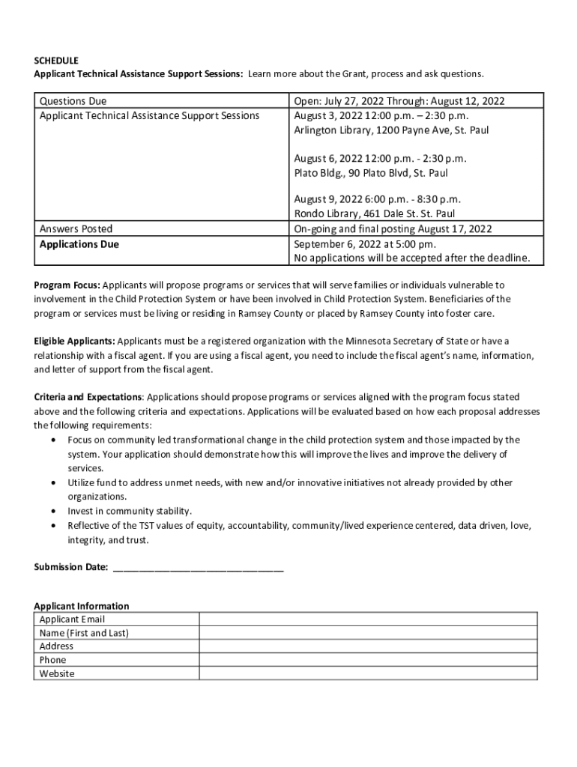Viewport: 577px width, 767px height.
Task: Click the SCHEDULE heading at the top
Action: point(56,60)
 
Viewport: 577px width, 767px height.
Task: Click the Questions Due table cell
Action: point(73,101)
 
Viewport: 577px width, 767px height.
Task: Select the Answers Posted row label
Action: point(76,229)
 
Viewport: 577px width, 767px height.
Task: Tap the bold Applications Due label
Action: point(79,244)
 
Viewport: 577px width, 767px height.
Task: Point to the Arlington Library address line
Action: point(391,130)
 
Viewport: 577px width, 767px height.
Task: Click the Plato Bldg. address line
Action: point(371,173)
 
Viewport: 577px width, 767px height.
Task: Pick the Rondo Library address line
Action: point(374,214)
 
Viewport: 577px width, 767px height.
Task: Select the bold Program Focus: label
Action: point(67,285)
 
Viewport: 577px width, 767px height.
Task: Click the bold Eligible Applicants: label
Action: point(74,342)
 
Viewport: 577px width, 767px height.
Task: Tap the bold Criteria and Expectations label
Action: point(88,397)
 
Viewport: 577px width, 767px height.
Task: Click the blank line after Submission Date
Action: point(198,567)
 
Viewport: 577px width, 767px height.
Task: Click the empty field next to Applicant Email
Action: point(367,619)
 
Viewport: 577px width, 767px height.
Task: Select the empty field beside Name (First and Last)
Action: point(367,633)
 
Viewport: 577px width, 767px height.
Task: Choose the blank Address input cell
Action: point(367,646)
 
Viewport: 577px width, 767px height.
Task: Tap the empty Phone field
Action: point(367,660)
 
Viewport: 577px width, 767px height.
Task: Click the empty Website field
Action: point(367,673)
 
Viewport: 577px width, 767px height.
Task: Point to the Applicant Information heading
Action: point(82,606)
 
